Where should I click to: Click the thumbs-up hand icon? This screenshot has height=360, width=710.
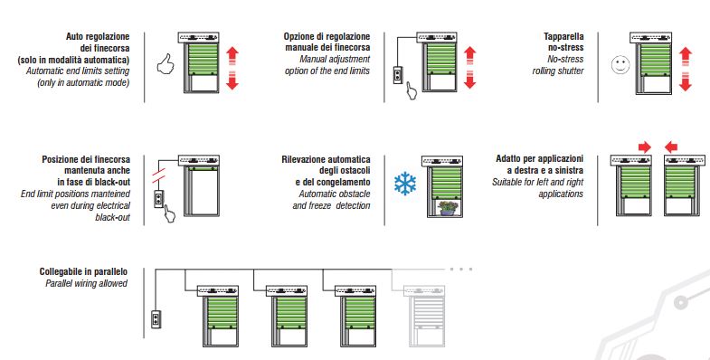tap(166, 64)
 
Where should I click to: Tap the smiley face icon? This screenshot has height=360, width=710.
tap(620, 65)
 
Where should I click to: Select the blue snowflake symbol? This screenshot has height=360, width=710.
tap(405, 184)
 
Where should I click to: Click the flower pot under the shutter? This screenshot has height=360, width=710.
tap(448, 208)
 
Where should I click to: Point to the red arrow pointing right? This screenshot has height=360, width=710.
tap(644, 147)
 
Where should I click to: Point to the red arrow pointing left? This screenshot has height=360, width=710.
tap(671, 147)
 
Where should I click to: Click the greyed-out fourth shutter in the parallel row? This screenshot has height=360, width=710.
tap(427, 316)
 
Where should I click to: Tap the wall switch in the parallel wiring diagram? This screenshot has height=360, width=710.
tap(156, 318)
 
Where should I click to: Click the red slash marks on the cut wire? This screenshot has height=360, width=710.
tap(158, 177)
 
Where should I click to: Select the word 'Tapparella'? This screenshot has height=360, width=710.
tap(563, 36)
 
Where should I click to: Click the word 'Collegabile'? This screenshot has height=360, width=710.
tap(61, 271)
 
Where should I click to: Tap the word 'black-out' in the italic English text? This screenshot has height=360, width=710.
tap(112, 217)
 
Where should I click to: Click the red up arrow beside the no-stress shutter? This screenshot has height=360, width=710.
tap(686, 57)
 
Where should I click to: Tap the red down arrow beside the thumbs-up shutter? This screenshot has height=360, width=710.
tap(232, 81)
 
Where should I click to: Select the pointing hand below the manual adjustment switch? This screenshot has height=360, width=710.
tap(412, 90)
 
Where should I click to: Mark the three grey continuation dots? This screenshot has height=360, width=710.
tap(461, 269)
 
